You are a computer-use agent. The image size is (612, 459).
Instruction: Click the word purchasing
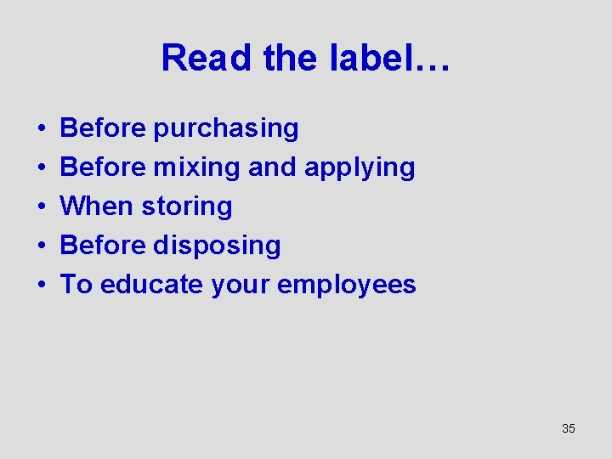coord(226,129)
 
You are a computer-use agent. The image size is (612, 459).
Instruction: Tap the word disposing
coord(217,246)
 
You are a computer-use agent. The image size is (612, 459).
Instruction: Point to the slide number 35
coord(569,428)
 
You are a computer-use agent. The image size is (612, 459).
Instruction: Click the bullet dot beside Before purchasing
coord(41,129)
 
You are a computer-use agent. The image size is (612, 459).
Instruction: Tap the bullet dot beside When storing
coord(41,207)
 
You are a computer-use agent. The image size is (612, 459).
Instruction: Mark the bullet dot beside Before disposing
coord(41,246)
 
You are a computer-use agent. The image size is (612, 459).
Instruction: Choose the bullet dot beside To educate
coord(41,285)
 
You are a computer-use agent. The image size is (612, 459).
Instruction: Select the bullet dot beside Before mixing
coord(41,167)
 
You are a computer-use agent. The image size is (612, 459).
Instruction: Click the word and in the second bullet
coord(271,167)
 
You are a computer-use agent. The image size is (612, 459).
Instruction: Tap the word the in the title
coord(291,58)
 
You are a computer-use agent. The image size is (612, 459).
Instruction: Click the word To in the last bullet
coord(76,284)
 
